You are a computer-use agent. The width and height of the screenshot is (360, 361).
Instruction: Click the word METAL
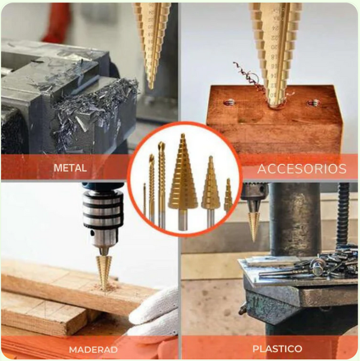tap(70, 168)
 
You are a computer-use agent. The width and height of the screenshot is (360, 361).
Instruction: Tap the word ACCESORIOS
tap(302, 169)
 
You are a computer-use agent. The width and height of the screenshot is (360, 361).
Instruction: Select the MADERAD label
tap(93, 350)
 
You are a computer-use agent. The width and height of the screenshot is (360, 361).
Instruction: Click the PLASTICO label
tap(277, 348)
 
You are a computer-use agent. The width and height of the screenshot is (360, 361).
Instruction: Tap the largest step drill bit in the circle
tap(183, 182)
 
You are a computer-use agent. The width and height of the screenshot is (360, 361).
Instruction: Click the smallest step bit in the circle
tap(228, 195)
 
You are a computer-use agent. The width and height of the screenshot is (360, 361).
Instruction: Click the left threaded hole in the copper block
tap(229, 102)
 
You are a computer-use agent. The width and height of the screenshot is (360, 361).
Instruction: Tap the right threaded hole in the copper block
tap(313, 103)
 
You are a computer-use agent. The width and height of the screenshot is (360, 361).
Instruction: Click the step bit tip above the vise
tap(151, 87)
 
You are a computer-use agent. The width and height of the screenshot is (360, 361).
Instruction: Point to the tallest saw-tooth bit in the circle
tap(161, 184)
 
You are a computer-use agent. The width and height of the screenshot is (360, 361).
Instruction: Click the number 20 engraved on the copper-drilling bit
tap(275, 47)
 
